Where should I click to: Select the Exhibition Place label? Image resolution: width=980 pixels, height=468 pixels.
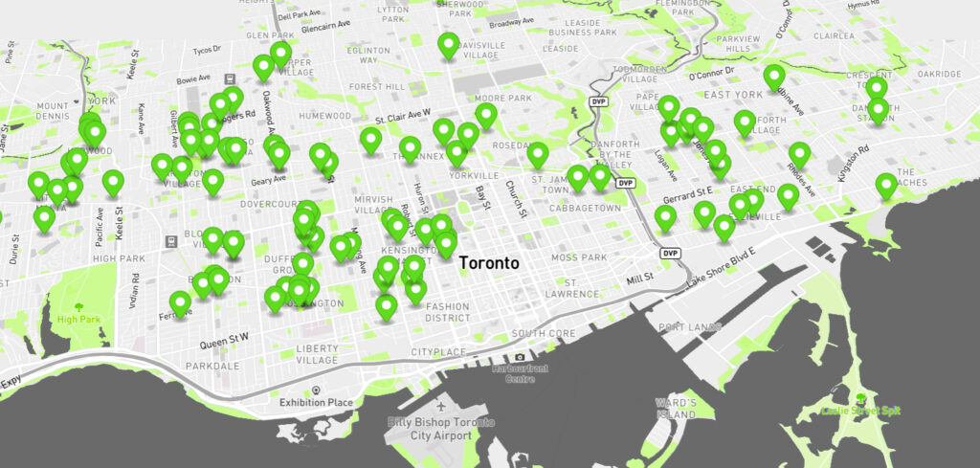316,403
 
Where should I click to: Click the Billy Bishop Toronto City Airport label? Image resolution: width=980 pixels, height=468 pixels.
442,429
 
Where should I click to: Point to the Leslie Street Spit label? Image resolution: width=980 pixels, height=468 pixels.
860,411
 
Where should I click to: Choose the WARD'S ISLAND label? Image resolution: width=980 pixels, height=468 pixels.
675,409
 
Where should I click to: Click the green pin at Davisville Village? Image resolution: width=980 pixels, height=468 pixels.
448,43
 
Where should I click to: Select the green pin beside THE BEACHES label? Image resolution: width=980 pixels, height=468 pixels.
886,184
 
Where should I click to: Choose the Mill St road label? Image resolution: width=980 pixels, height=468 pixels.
639,277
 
